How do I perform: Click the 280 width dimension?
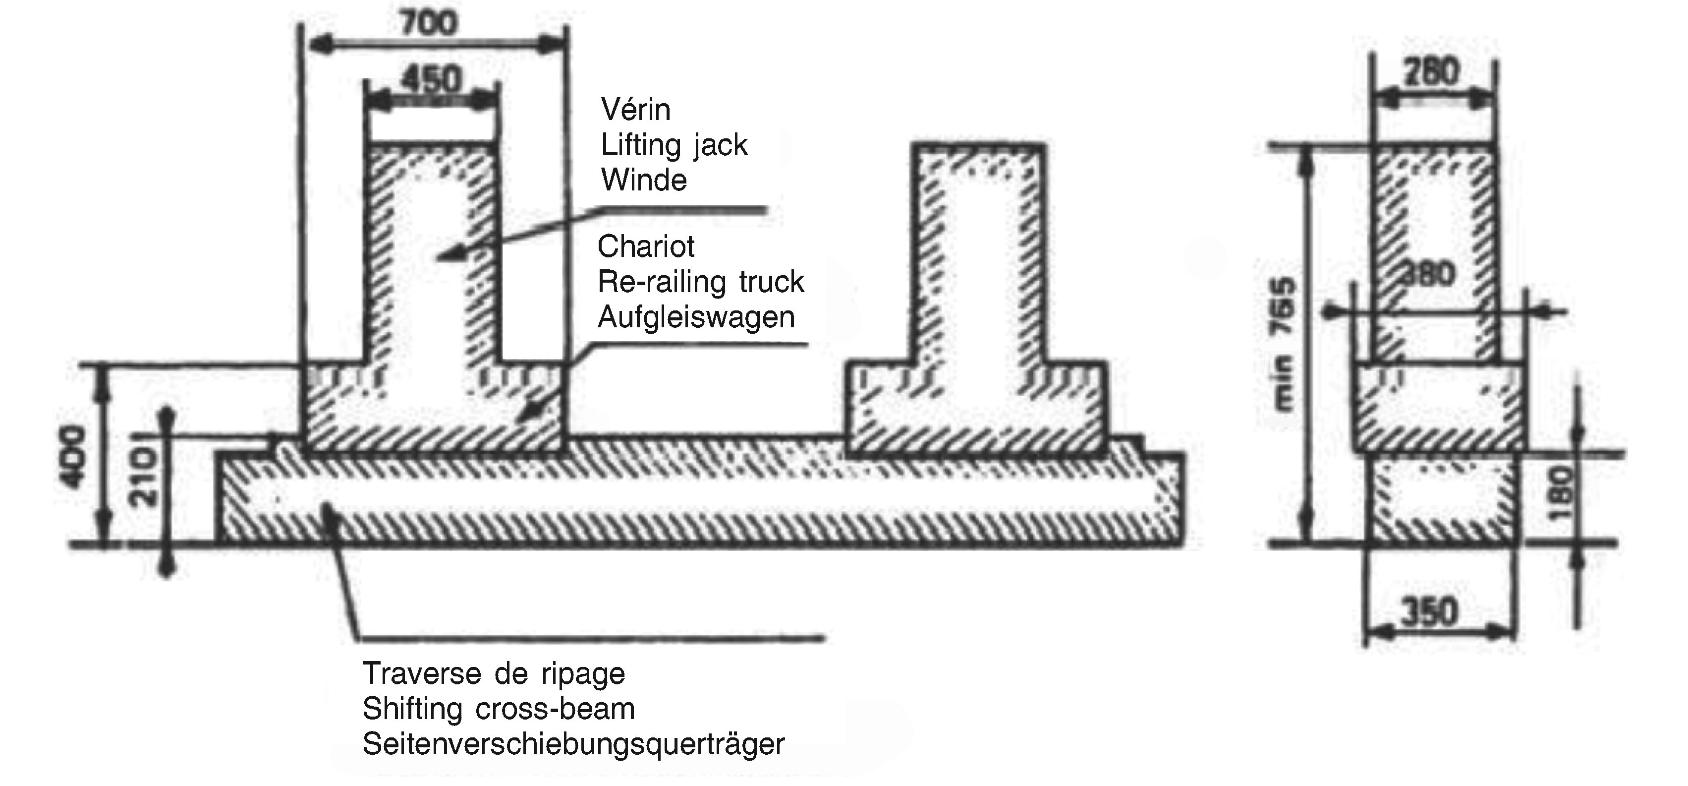[1432, 72]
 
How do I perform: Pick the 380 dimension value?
[1428, 275]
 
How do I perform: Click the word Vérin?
[636, 110]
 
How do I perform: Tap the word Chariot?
[645, 246]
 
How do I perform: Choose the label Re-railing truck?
[700, 282]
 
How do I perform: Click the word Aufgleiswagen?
[696, 317]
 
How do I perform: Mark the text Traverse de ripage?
[494, 673]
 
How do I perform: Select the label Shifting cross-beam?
[499, 709]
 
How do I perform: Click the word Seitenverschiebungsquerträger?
[573, 744]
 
